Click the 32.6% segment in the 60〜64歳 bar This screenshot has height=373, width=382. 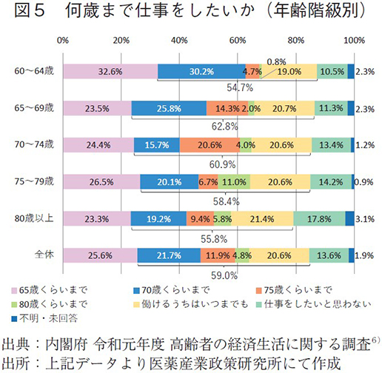click(x=110, y=72)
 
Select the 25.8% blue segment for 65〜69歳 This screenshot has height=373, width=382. click(x=170, y=108)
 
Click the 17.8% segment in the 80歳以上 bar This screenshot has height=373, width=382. click(x=319, y=219)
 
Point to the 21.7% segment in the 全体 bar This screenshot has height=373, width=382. click(x=169, y=255)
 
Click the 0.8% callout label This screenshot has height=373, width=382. click(x=277, y=61)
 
